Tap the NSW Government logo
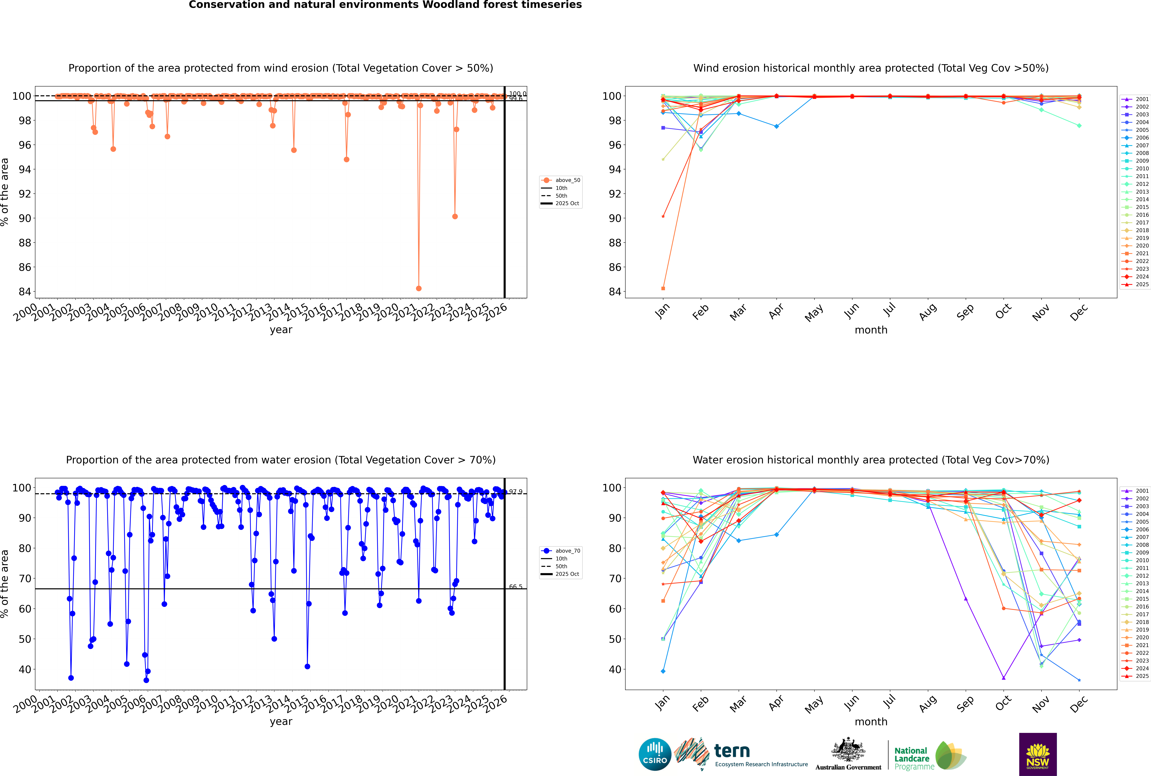[x=1038, y=754]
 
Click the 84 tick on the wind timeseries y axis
[x=25, y=291]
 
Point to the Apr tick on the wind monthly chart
[x=776, y=311]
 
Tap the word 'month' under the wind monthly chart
[x=871, y=330]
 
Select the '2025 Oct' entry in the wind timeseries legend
[x=567, y=203]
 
